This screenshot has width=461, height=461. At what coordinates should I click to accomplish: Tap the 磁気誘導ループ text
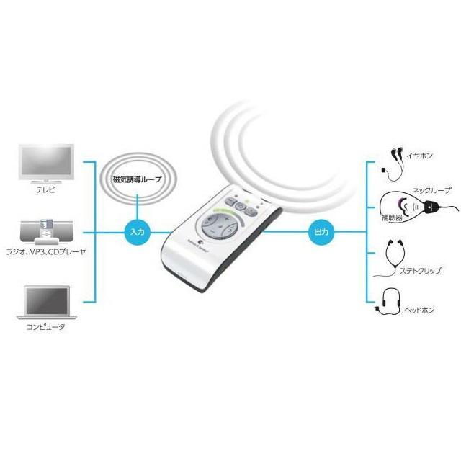coord(138,179)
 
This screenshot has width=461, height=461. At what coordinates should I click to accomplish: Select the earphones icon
coord(395,162)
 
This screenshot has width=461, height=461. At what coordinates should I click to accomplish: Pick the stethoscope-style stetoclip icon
coord(393,262)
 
